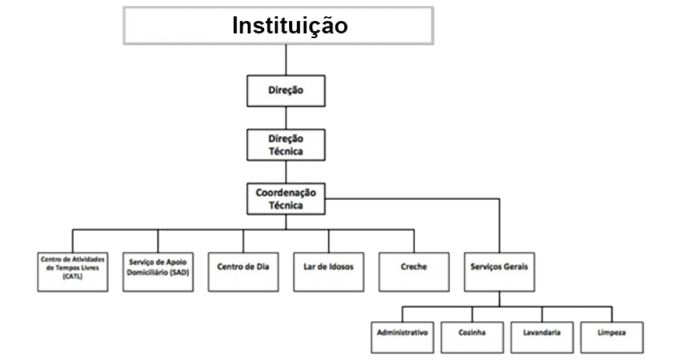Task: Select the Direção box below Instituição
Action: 285,91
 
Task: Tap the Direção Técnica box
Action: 285,145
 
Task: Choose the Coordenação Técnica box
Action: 285,199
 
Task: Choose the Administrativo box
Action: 402,333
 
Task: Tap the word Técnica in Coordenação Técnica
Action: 285,206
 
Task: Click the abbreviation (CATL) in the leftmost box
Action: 73,285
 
